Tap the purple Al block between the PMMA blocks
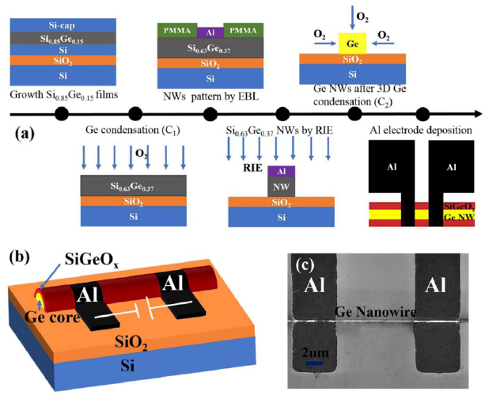pyautogui.click(x=210, y=30)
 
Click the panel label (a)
pyautogui.click(x=25, y=134)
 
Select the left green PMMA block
pyautogui.click(x=176, y=30)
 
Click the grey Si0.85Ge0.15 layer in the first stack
pyautogui.click(x=51, y=36)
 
